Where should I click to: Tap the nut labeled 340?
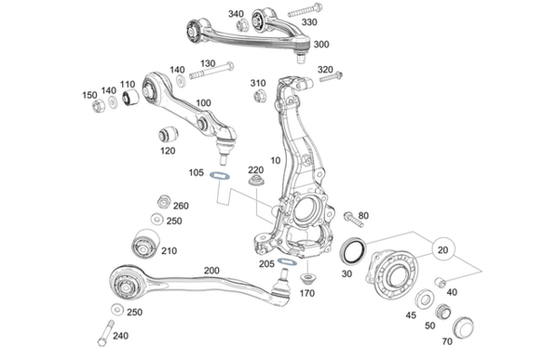(243, 25)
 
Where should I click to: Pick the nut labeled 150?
(97, 106)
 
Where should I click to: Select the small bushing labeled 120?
(166, 135)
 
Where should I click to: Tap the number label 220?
(256, 169)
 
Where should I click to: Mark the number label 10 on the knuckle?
(275, 160)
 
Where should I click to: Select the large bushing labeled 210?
(142, 242)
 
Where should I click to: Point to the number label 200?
(212, 270)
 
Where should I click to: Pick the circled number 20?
(442, 251)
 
